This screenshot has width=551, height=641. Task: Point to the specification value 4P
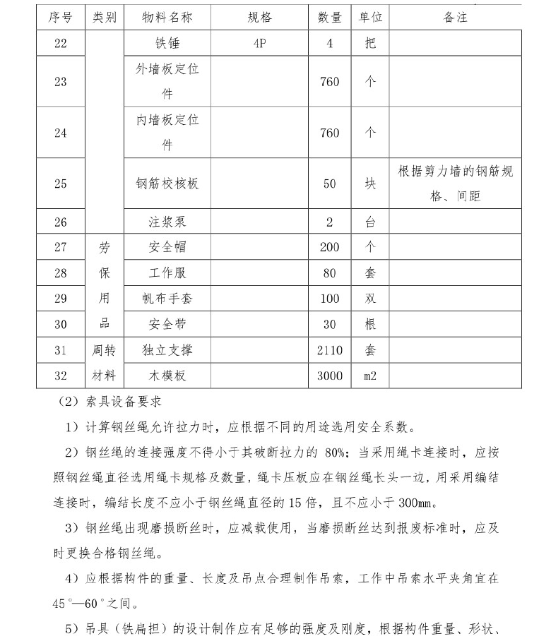pyautogui.click(x=259, y=44)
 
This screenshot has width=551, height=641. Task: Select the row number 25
pyautogui.click(x=60, y=184)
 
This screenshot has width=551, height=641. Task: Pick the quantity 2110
pyautogui.click(x=329, y=350)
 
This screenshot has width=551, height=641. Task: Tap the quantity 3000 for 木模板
pyautogui.click(x=329, y=376)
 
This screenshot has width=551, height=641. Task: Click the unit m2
pyautogui.click(x=370, y=376)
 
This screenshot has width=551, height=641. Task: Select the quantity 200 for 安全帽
pyautogui.click(x=329, y=248)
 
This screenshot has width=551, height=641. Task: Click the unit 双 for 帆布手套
pyautogui.click(x=370, y=299)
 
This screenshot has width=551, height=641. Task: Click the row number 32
pyautogui.click(x=60, y=376)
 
